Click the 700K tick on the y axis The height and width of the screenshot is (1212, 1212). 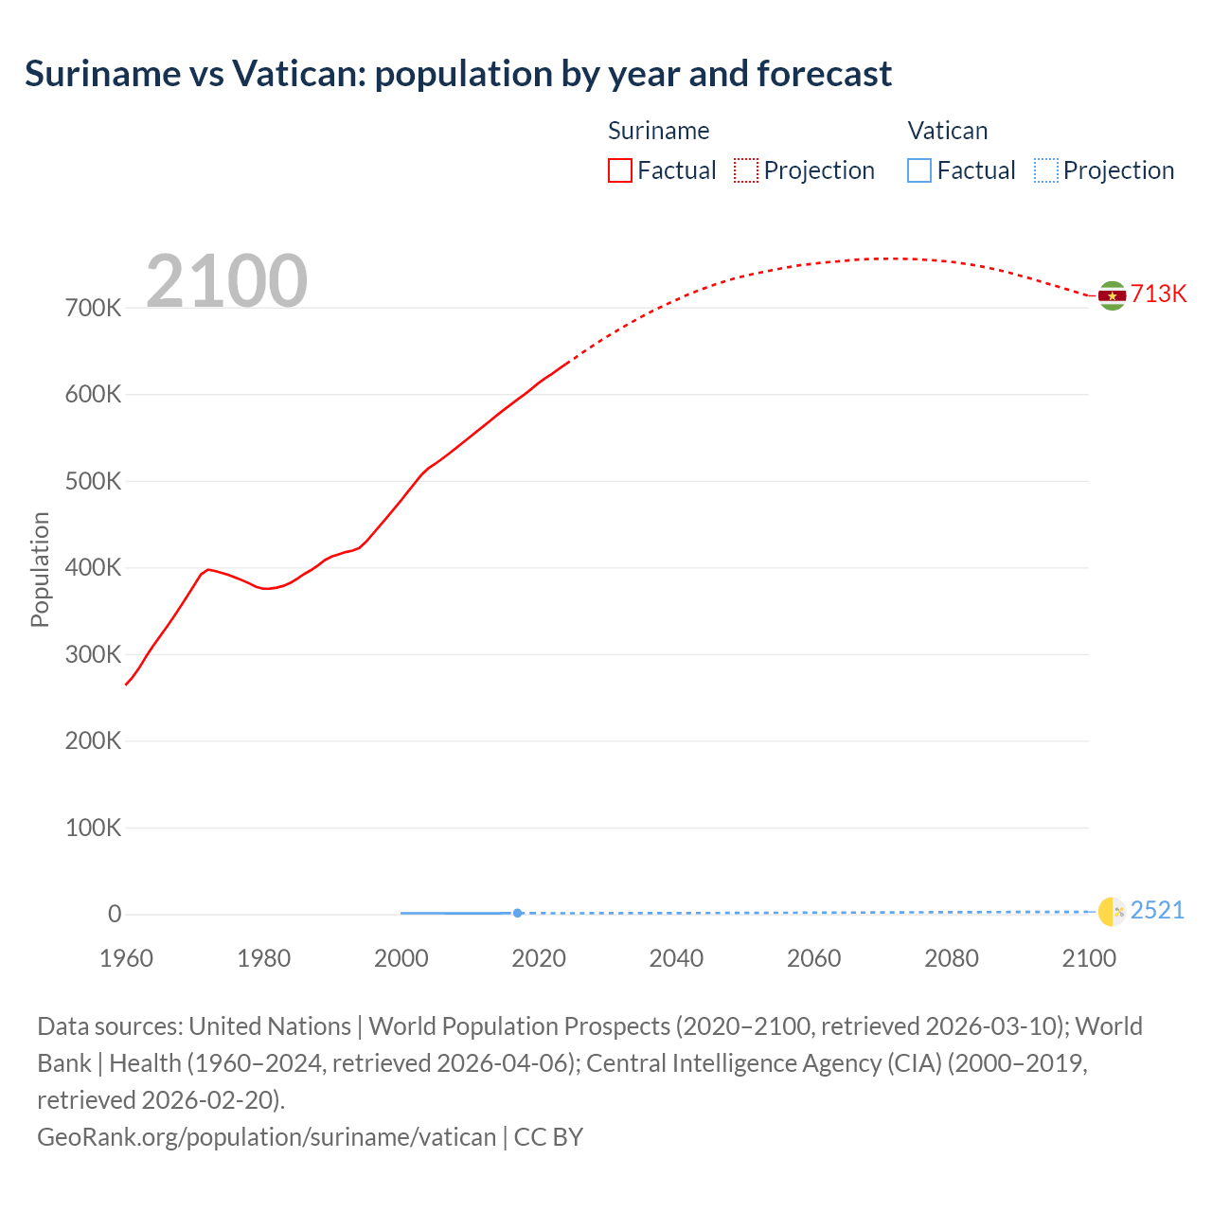[x=93, y=308]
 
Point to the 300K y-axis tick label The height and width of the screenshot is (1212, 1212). [x=93, y=654]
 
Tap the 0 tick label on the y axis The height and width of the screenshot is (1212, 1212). [x=115, y=914]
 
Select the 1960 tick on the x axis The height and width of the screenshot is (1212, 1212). [x=126, y=958]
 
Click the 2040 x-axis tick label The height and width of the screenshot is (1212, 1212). [x=676, y=958]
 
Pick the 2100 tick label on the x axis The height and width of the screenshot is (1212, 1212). [x=1089, y=958]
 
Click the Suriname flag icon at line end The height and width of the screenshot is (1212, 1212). [x=1112, y=295]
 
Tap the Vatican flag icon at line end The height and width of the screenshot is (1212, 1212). [x=1112, y=911]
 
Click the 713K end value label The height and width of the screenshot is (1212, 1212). [x=1158, y=294]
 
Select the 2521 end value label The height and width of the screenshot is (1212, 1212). [x=1157, y=910]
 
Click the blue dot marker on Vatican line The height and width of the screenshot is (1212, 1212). [x=517, y=913]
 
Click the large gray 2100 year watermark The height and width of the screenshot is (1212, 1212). [x=226, y=280]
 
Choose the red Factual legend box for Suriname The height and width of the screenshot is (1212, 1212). [x=620, y=170]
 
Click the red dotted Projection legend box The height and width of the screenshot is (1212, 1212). [x=746, y=170]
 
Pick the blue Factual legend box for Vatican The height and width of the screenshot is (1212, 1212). [x=919, y=170]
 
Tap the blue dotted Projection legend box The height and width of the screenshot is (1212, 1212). [x=1046, y=170]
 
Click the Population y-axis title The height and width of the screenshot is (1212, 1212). [x=40, y=569]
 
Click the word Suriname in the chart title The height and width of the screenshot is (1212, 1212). [x=99, y=73]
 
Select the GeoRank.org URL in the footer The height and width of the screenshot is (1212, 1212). [x=266, y=1136]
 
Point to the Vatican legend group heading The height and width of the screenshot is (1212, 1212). [x=947, y=131]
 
